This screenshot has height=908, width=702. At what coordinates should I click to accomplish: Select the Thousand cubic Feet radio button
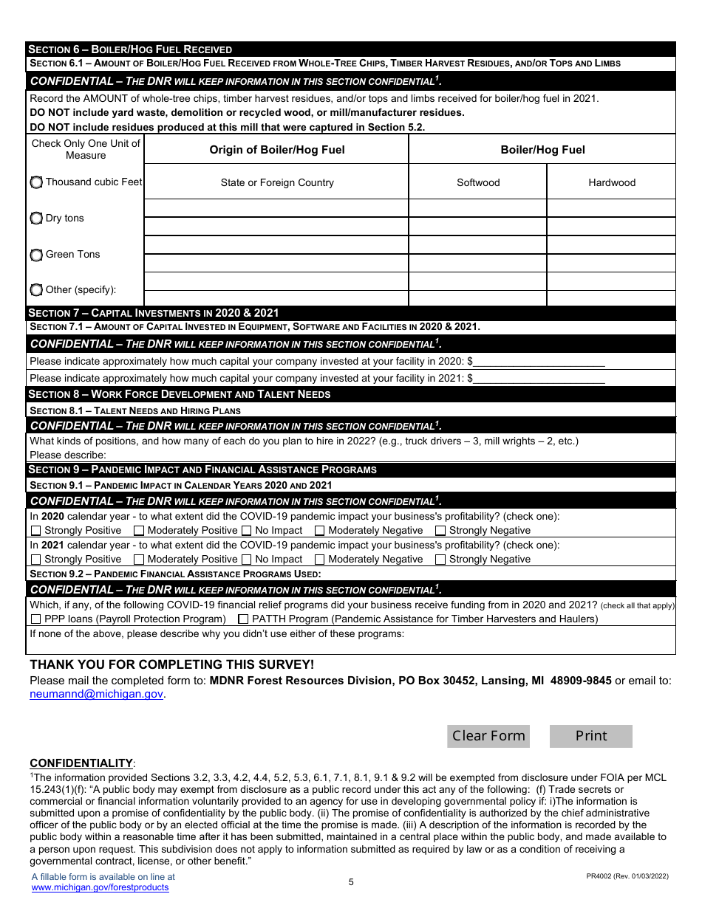pyautogui.click(x=36, y=182)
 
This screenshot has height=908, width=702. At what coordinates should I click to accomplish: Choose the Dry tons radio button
pyautogui.click(x=36, y=219)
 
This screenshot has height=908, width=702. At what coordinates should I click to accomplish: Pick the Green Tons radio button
pyautogui.click(x=36, y=255)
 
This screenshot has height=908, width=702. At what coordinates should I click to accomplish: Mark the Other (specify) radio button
pyautogui.click(x=36, y=290)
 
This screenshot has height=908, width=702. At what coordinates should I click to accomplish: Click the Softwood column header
pyautogui.click(x=478, y=182)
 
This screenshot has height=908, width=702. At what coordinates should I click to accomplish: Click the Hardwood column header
pyautogui.click(x=612, y=182)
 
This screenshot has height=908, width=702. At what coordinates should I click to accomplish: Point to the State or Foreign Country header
pyautogui.click(x=277, y=182)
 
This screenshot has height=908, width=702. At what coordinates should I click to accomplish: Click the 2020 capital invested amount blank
pyautogui.click(x=539, y=362)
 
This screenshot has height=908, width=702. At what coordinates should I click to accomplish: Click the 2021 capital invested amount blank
pyautogui.click(x=539, y=378)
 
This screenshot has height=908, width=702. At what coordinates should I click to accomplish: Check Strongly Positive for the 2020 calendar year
pyautogui.click(x=35, y=531)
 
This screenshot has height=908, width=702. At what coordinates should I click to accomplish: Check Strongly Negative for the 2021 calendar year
pyautogui.click(x=440, y=560)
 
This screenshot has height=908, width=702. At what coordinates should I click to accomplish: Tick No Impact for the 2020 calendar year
pyautogui.click(x=247, y=531)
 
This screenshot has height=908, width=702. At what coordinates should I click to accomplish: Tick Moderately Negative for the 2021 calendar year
pyautogui.click(x=320, y=560)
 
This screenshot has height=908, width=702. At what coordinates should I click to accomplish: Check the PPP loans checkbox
pyautogui.click(x=35, y=619)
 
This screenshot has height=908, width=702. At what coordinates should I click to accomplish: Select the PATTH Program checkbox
pyautogui.click(x=243, y=619)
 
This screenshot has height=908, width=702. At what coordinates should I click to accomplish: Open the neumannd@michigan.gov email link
pyautogui.click(x=96, y=694)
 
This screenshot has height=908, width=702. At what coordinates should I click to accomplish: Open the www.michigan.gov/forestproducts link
pyautogui.click(x=100, y=887)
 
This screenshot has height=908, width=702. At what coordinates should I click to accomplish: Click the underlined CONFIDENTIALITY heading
pyautogui.click(x=81, y=763)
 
